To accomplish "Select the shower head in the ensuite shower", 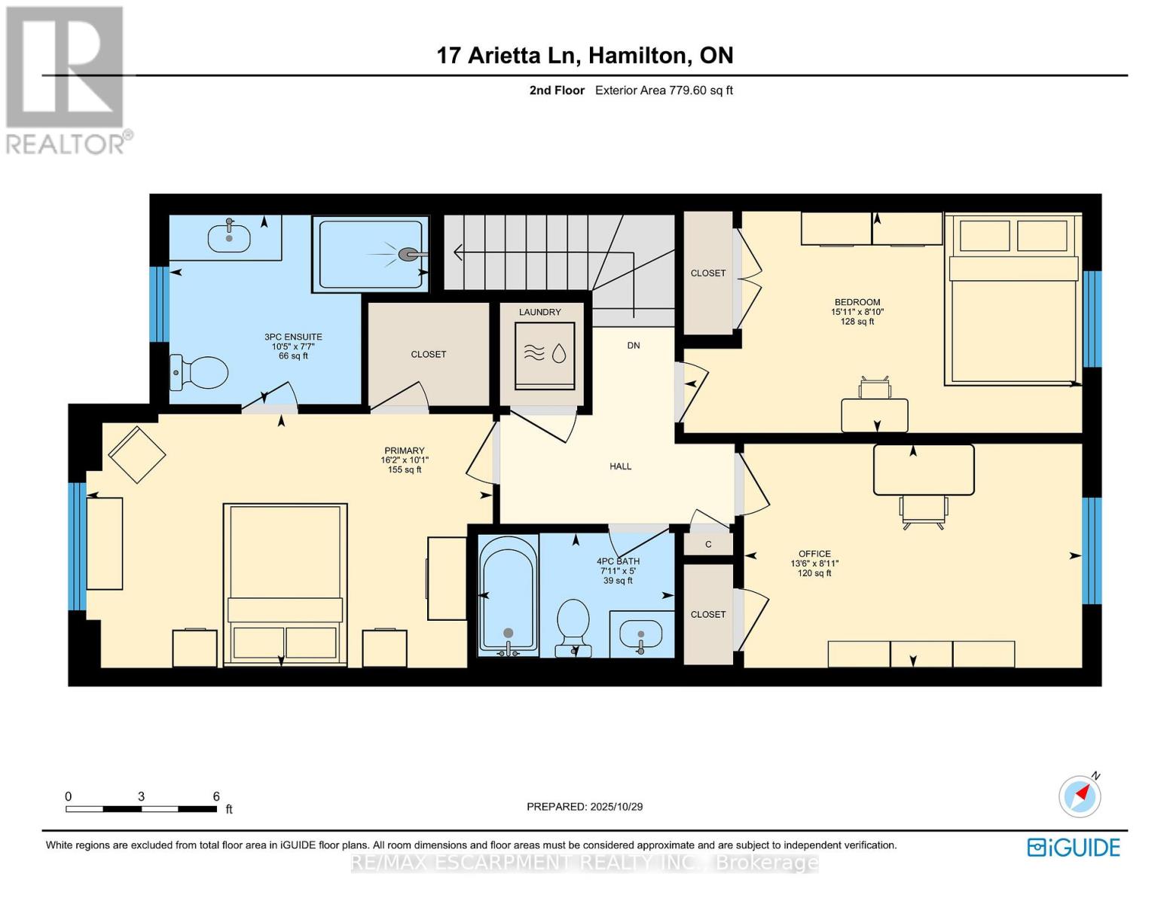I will point(409,255).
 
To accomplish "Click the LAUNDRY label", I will point(539,312).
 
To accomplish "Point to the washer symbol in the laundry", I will point(545,354).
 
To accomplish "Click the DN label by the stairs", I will point(633,346).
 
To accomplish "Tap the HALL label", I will point(620,466).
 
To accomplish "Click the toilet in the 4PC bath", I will point(573,625).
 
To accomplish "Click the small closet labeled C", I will point(708,544).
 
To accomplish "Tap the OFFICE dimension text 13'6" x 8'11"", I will point(814,563).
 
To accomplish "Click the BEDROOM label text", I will point(857,302).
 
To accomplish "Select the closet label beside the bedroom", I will point(708,273).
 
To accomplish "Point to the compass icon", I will point(1080,796).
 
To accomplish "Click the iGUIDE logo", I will point(1074,847).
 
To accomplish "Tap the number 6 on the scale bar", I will point(216,796).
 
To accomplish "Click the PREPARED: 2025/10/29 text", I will point(584,807).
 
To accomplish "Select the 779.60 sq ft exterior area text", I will point(701,90).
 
